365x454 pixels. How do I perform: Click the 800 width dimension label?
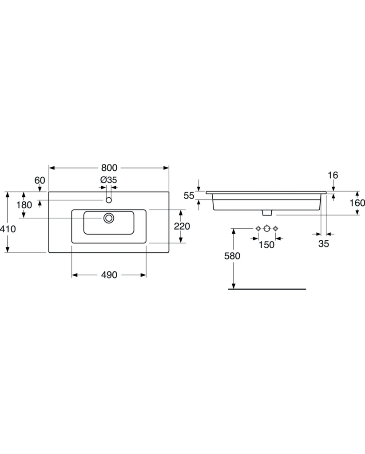(x=109, y=168)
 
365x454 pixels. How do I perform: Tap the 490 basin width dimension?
(x=109, y=275)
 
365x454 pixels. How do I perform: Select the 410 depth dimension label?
(x=8, y=229)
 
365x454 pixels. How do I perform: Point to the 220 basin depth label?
(x=182, y=226)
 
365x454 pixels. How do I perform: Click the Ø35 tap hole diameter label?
(x=108, y=180)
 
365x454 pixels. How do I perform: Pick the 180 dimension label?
(x=24, y=205)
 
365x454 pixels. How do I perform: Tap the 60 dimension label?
(x=40, y=180)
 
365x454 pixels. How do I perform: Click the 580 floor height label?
(x=232, y=256)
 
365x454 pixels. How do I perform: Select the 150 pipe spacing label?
(x=266, y=245)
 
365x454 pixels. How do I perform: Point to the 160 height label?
(x=357, y=203)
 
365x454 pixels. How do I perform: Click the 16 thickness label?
(x=333, y=175)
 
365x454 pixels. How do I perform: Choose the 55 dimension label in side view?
(x=189, y=196)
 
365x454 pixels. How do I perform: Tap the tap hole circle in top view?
(x=109, y=200)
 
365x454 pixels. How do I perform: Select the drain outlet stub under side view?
(x=267, y=213)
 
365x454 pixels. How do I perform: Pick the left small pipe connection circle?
(x=258, y=228)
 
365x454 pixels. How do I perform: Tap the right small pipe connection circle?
(x=275, y=228)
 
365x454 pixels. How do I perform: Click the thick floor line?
(x=267, y=289)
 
